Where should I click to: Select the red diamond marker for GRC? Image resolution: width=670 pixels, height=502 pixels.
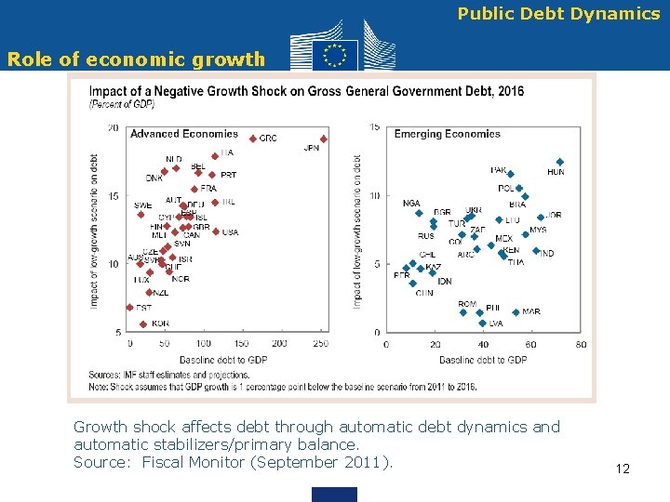253,139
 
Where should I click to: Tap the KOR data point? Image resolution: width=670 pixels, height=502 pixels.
142,324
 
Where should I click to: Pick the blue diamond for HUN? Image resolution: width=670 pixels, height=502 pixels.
559,162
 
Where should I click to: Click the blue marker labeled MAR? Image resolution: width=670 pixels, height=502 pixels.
516,311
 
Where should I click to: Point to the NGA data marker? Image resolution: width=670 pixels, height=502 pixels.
419,213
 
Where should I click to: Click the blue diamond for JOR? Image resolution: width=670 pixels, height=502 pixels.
541,217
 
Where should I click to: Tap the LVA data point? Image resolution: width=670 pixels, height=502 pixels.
482,323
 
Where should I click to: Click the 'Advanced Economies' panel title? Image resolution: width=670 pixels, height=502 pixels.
183,134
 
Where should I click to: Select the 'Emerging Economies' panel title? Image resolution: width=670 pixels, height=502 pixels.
447,134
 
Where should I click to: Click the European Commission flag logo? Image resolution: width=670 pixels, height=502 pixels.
334,54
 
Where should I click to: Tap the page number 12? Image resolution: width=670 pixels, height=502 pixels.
623,469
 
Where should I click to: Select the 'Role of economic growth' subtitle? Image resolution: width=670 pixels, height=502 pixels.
136,59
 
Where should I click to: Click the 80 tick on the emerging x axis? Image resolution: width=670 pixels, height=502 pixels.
580,344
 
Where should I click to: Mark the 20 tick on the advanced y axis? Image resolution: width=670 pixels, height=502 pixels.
113,127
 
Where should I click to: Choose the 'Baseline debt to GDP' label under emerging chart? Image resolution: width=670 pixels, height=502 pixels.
482,360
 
